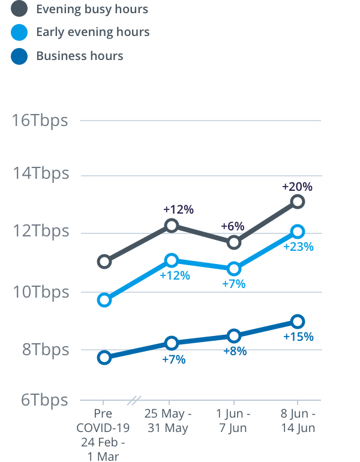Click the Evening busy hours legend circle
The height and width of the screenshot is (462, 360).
[x=19, y=9]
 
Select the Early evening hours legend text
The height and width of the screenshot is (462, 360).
[x=93, y=32]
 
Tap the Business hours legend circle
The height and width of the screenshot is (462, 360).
[x=19, y=56]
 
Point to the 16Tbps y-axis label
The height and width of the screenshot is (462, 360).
[x=40, y=120]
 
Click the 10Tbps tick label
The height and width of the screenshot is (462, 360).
[x=40, y=292]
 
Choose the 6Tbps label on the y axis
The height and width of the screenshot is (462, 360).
[x=44, y=400]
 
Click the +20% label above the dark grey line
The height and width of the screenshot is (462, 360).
[x=297, y=187]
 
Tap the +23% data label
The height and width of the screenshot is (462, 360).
[x=298, y=247]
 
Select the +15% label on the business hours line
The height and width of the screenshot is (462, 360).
[x=298, y=337]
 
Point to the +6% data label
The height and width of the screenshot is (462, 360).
[x=232, y=226]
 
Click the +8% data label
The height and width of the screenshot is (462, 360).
[x=234, y=351]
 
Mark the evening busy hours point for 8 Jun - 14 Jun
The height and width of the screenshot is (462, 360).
[x=298, y=202]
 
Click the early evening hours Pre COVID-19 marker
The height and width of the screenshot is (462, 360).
[x=104, y=300]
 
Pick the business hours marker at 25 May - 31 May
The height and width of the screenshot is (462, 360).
[x=172, y=343]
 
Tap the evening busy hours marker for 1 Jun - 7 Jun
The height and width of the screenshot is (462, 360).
[x=234, y=242]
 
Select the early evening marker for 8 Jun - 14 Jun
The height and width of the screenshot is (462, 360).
[x=298, y=232]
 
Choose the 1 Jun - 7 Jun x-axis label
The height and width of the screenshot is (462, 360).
[x=234, y=421]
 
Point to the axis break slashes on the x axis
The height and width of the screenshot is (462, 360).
[x=136, y=400]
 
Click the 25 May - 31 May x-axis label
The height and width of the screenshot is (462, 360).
[x=169, y=421]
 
